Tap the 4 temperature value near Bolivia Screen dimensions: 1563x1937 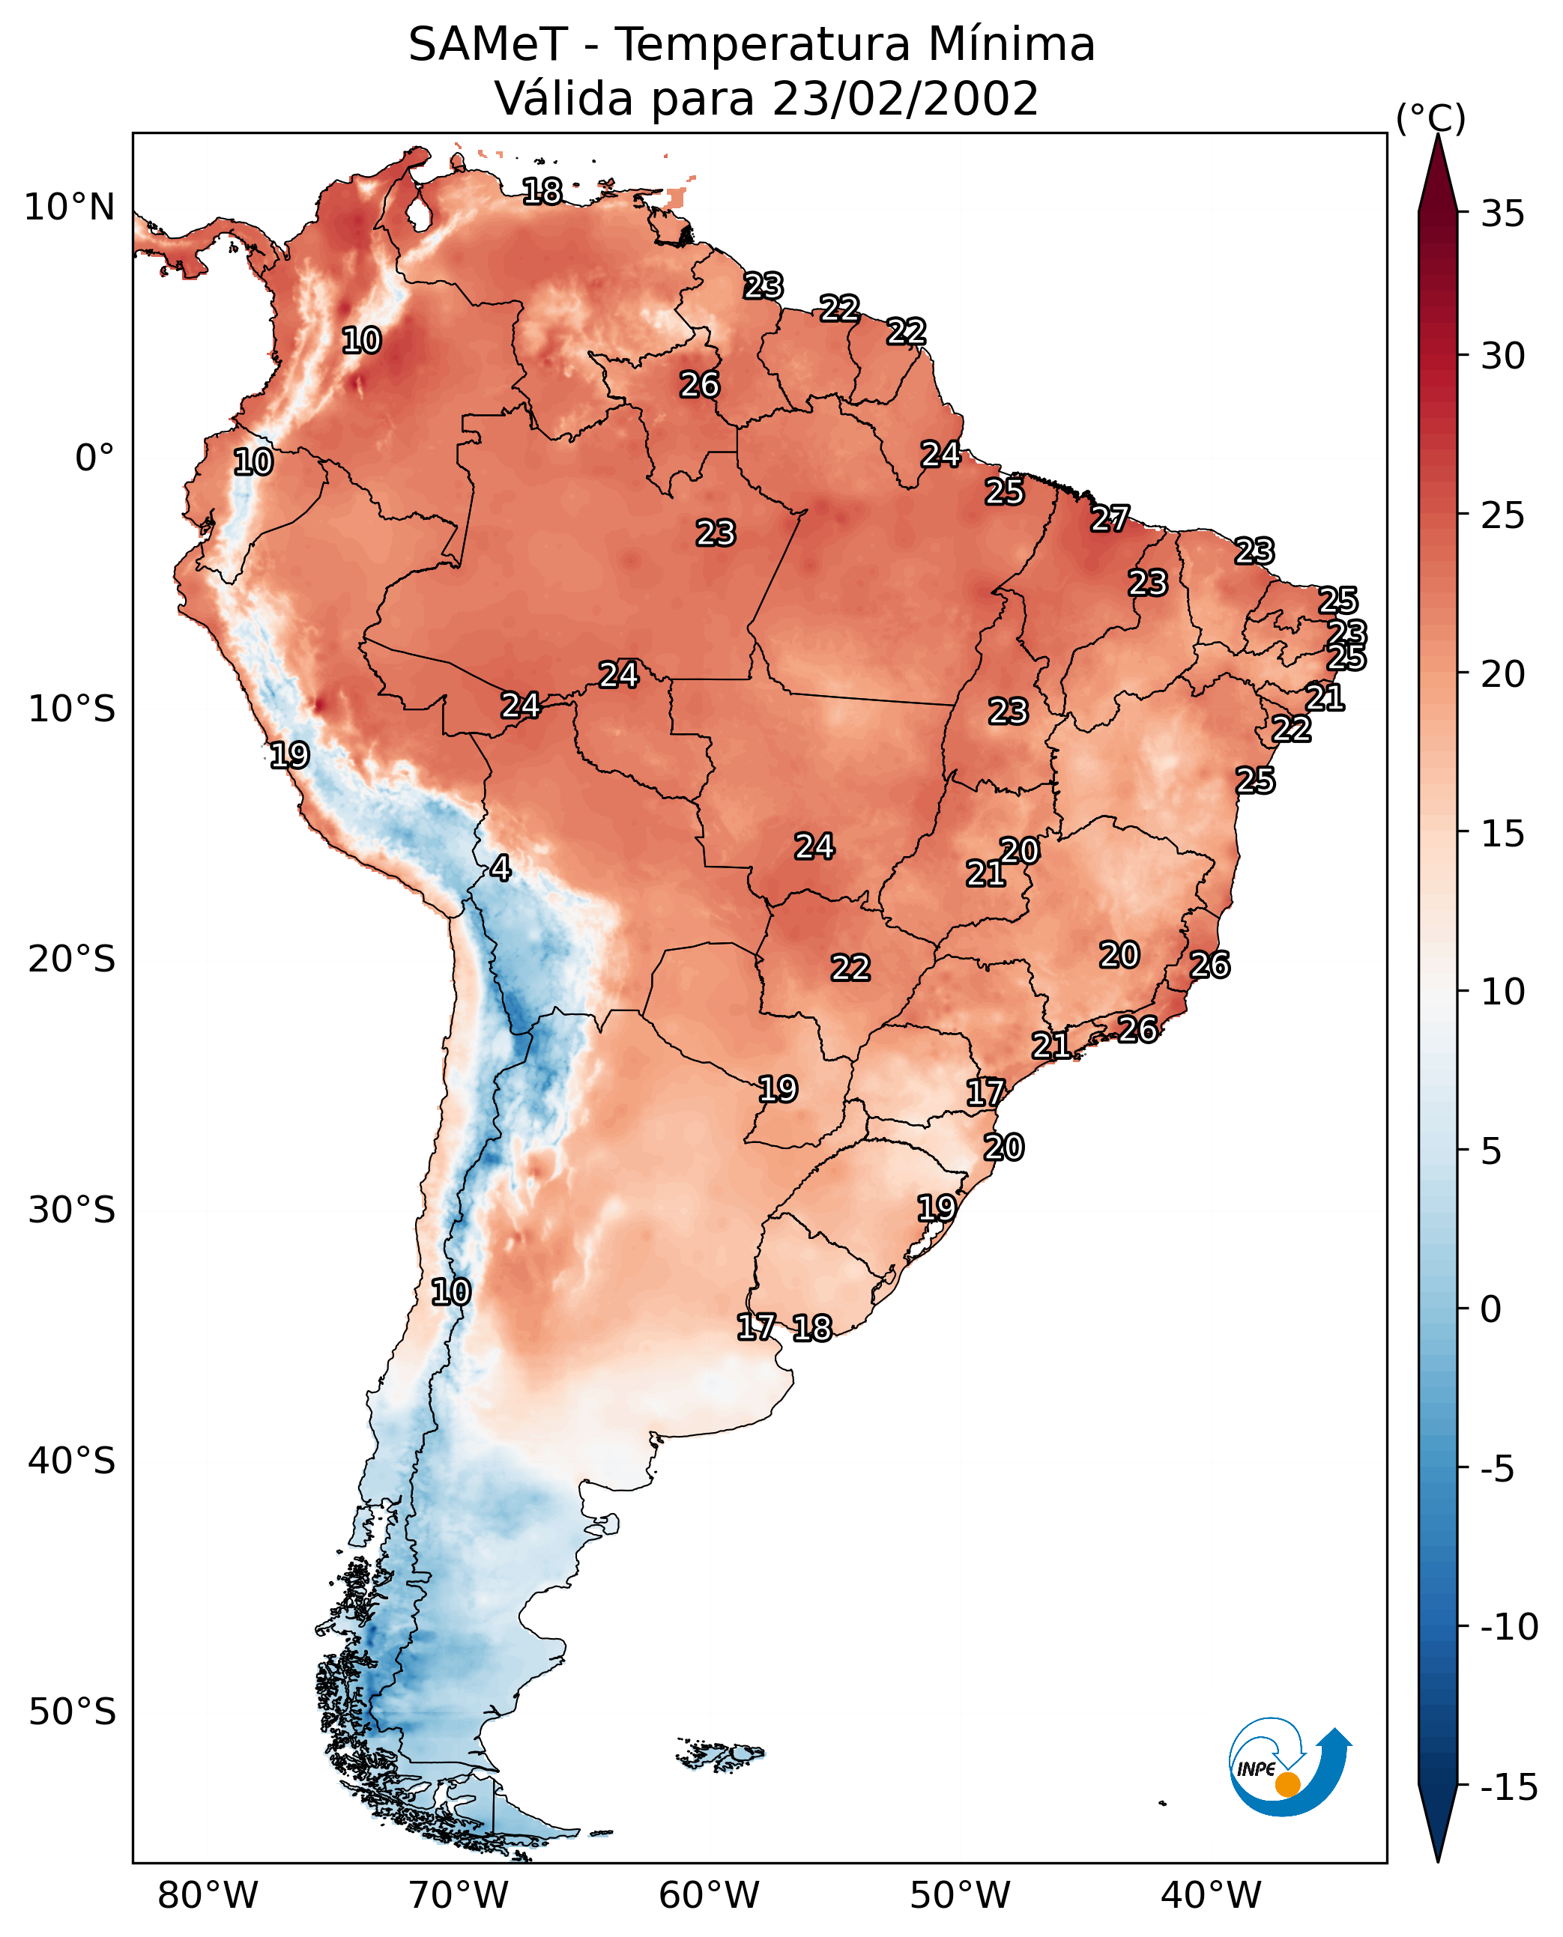click(x=501, y=867)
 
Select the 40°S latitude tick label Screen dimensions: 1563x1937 click(x=72, y=1460)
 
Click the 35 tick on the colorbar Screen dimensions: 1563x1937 click(x=1502, y=214)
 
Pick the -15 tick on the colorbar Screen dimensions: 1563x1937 click(x=1509, y=1786)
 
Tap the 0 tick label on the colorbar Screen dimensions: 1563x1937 click(x=1491, y=1309)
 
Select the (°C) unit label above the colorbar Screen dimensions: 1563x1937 click(x=1430, y=118)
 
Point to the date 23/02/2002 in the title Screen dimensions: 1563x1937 click(x=905, y=98)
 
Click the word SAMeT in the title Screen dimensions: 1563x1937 click(x=488, y=44)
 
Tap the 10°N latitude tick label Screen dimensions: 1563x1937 click(x=70, y=208)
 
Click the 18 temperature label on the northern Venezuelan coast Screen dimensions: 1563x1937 click(x=542, y=191)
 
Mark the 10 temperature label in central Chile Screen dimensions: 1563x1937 click(x=450, y=1291)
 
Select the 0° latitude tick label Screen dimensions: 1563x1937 click(x=94, y=458)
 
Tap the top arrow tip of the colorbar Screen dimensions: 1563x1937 click(x=1438, y=135)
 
